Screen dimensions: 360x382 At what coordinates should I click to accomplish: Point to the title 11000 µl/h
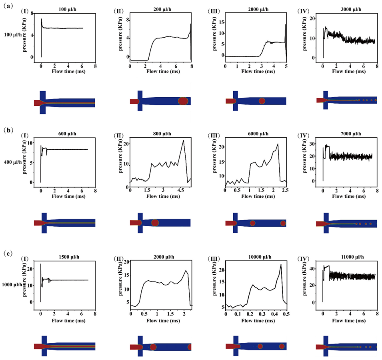[x=348, y=257]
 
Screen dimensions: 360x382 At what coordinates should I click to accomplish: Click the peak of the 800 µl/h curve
[x=183, y=140]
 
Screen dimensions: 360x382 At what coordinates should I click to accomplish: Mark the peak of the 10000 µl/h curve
[x=281, y=264]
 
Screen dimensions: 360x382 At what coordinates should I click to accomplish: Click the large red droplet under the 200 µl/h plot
[x=183, y=101]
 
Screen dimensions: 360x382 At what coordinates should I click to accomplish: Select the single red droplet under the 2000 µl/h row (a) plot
[x=262, y=101]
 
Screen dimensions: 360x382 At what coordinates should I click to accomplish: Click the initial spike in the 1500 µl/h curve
[x=40, y=264]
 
